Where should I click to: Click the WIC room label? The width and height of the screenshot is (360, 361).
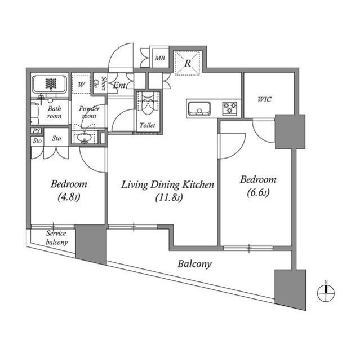[264, 99]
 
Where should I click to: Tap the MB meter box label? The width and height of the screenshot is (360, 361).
[160, 58]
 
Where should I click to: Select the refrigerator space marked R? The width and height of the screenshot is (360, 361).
[188, 63]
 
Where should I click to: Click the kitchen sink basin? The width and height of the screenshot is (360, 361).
[199, 109]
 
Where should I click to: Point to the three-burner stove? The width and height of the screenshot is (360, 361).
[230, 108]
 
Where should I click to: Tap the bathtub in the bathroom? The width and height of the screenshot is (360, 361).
[50, 83]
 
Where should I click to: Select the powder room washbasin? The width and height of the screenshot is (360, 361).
[85, 138]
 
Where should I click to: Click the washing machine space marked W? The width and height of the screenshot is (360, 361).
[81, 85]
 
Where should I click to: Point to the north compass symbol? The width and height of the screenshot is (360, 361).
[326, 293]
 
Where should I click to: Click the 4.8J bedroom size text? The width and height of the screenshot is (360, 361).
[69, 197]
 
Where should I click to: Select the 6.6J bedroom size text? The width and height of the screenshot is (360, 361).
[258, 192]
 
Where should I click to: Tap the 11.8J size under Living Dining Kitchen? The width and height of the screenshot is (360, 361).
[169, 197]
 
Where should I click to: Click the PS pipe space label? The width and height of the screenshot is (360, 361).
[36, 131]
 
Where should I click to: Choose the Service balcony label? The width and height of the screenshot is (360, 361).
[56, 237]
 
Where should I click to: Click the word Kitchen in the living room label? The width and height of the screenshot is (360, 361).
[198, 184]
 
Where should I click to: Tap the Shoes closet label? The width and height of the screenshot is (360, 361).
[104, 83]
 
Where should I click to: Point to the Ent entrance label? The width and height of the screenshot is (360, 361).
[119, 85]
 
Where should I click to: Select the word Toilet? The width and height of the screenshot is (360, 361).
[147, 125]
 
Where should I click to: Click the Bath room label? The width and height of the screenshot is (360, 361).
[55, 112]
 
